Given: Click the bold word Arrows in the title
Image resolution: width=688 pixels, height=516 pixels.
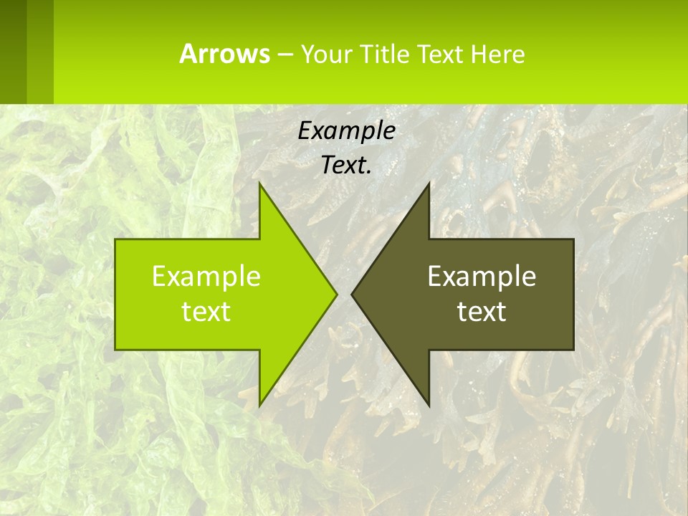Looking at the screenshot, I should [224, 54].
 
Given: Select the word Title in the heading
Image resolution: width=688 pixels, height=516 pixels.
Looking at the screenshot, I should [384, 54].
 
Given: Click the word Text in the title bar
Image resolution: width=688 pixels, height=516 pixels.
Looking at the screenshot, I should [440, 54].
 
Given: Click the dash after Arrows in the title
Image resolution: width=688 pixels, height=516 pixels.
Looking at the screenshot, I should [285, 54].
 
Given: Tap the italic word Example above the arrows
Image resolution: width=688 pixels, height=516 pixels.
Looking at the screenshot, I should [347, 130].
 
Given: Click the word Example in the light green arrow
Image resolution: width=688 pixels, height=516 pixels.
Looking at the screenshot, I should [206, 276].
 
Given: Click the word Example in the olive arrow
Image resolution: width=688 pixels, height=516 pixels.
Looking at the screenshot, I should [482, 276].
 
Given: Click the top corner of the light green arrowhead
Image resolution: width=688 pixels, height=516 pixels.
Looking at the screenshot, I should [260, 185].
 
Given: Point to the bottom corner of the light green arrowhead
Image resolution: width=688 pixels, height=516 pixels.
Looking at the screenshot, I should [260, 403].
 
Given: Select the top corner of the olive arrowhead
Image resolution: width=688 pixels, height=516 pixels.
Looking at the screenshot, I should [428, 185].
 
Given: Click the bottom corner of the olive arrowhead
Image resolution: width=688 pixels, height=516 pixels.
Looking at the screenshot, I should [428, 403].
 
